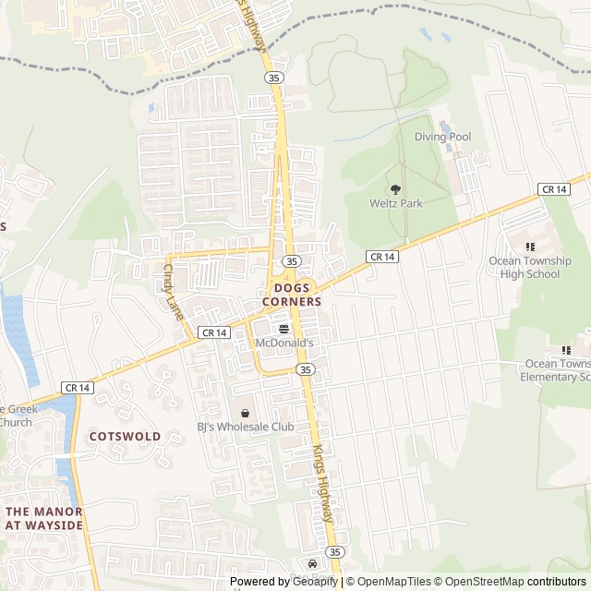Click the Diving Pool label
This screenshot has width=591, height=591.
[442, 137]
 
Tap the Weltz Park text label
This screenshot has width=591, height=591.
[395, 203]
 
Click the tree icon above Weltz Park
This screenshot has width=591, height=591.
[396, 188]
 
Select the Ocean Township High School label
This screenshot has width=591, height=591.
[530, 267]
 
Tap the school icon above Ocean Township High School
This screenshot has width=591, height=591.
[530, 247]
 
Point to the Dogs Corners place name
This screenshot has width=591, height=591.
[292, 295]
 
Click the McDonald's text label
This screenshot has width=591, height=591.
[284, 343]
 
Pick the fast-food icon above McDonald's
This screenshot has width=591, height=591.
[283, 328]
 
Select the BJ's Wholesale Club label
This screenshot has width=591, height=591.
[245, 427]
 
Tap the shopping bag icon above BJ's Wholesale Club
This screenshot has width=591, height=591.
[245, 412]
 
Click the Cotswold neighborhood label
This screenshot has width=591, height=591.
[125, 436]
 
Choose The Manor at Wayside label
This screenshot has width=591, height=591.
[43, 518]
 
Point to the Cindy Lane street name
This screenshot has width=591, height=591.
[173, 293]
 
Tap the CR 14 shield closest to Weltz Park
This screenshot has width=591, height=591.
[382, 256]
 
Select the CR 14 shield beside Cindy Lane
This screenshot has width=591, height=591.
[212, 332]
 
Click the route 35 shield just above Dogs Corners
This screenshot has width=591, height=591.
[291, 261]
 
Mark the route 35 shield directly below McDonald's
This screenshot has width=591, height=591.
[305, 368]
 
